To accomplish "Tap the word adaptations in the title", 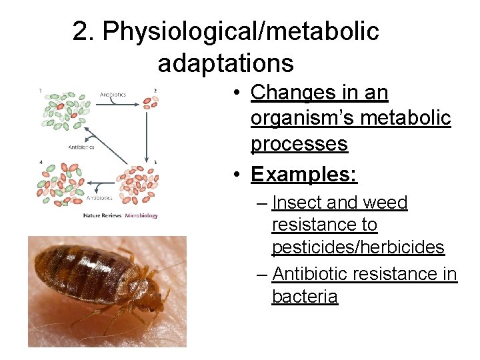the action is (225, 63).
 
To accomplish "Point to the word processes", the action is (299, 144).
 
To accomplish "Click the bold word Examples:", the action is (304, 174).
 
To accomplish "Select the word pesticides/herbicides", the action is (358, 247).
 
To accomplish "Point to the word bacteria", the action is (305, 297).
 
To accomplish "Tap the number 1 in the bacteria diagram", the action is (41, 91).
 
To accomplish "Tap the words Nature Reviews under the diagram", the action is (102, 216).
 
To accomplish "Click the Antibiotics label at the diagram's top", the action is (113, 94).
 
